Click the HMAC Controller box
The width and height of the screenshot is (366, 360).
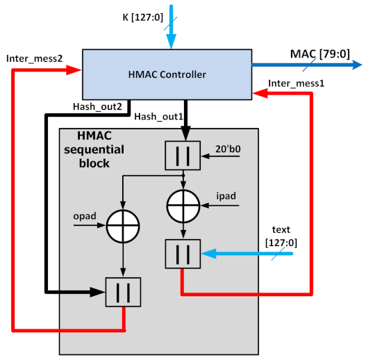coord(167,74)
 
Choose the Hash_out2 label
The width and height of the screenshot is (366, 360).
coord(97,107)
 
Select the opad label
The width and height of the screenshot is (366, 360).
coord(83,217)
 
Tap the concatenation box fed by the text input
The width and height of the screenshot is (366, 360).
coord(183,254)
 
